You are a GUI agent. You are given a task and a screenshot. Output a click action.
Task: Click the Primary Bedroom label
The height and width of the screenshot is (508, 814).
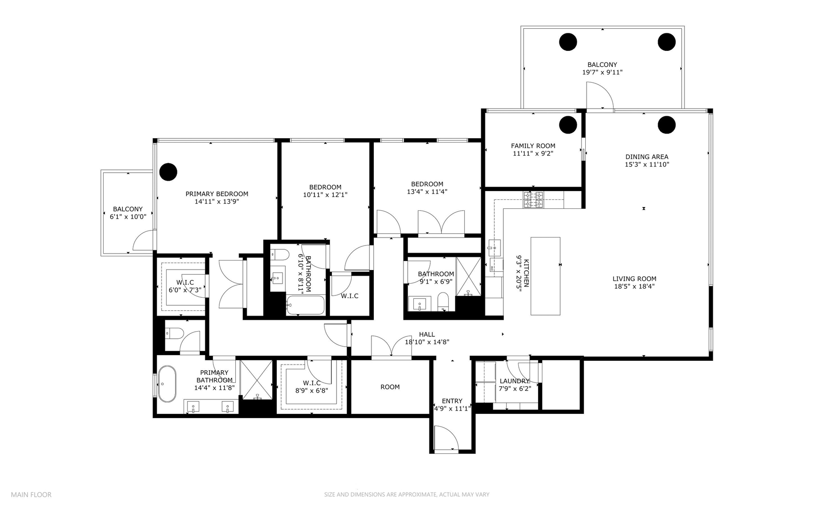[x=217, y=194]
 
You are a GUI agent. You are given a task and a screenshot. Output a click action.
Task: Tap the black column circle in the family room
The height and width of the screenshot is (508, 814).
[x=568, y=125]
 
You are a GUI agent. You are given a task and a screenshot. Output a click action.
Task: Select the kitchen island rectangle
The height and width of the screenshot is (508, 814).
[x=545, y=276]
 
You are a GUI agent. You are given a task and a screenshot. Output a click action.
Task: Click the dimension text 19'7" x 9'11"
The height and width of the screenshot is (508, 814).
[x=602, y=72]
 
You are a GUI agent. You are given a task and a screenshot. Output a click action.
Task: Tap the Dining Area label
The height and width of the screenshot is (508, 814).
[x=646, y=157]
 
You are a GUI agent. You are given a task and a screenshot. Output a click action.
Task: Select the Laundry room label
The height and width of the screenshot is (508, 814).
[x=514, y=381]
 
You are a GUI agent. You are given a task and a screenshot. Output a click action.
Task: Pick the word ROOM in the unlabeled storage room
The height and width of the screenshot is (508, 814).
[x=390, y=387]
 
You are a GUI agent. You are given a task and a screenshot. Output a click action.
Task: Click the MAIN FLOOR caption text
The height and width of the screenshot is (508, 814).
[x=31, y=494]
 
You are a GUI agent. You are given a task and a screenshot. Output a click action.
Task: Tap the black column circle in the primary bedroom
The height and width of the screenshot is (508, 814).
[x=168, y=172]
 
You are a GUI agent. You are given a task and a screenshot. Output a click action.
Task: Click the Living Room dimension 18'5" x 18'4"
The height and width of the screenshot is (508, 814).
[x=634, y=286]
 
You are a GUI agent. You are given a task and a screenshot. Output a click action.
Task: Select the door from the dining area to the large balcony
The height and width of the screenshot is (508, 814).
[x=598, y=96]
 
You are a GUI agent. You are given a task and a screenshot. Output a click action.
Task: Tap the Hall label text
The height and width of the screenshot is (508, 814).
[x=427, y=334]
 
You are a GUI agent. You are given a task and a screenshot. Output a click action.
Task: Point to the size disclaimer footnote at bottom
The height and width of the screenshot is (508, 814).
[x=406, y=494]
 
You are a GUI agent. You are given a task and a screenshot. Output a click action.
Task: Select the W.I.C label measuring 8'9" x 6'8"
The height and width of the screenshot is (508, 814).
[x=312, y=383]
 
